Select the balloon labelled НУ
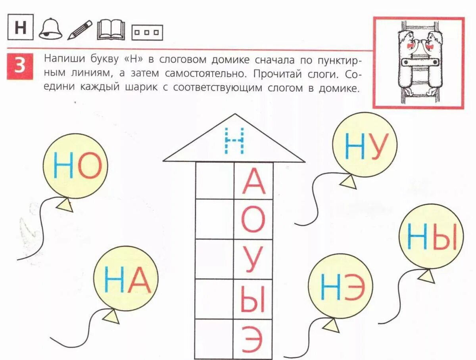point(365,144)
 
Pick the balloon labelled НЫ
point(431,237)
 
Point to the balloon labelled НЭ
point(341,286)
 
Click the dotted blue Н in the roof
point(234,141)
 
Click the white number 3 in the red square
point(20,66)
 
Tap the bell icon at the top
point(50,30)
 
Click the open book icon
point(111,30)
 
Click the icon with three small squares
point(147,33)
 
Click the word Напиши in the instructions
point(60,59)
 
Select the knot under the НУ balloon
point(348,182)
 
